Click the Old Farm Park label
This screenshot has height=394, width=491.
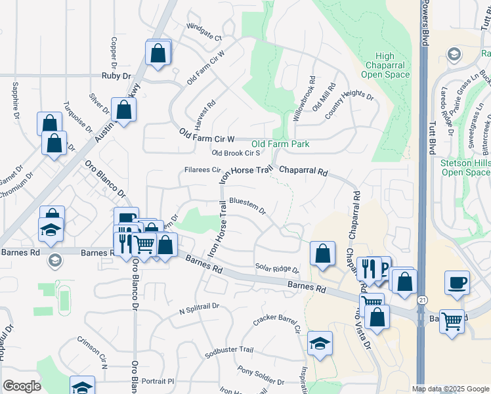tap(280, 144)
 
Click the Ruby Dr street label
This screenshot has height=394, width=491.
tap(117, 76)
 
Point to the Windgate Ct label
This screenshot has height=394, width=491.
tap(205, 38)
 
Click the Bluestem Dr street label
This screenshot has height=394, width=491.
tap(247, 206)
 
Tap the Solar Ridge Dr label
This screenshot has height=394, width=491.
tap(276, 269)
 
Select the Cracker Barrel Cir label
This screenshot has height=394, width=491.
tap(276, 323)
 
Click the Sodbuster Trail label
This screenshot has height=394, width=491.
tap(228, 351)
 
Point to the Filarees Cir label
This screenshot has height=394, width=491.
tap(201, 171)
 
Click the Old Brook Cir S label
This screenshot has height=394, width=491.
tap(236, 153)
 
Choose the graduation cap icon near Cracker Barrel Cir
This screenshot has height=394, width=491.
tap(320, 343)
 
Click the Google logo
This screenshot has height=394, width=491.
tap(22, 386)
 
